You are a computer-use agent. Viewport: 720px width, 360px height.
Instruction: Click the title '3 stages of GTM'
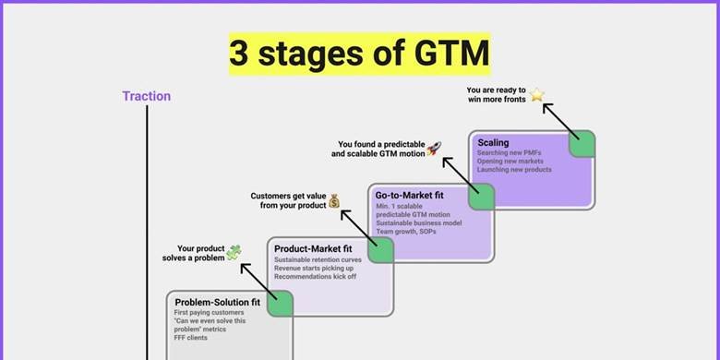pos(359,54)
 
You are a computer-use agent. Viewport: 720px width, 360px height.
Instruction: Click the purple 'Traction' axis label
pos(146,96)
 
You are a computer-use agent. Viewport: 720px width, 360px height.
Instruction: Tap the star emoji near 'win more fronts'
pos(537,94)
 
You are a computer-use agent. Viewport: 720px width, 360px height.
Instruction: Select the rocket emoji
pos(434,148)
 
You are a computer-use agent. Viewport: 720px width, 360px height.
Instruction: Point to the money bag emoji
pos(334,199)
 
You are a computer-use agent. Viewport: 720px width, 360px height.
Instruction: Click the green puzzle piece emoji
pos(234,252)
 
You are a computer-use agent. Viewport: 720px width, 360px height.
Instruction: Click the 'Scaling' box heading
pos(493,143)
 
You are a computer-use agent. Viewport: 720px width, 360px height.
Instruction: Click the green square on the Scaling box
pos(581,144)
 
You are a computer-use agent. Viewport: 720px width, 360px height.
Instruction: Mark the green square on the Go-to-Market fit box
pos(481,197)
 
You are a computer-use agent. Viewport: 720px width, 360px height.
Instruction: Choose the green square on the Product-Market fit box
pos(380,249)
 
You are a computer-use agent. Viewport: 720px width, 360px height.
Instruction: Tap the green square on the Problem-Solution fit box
pos(281,303)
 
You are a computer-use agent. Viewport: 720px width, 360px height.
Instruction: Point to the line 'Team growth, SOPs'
pos(405,231)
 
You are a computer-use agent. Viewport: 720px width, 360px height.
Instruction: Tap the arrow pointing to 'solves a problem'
pos(258,280)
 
